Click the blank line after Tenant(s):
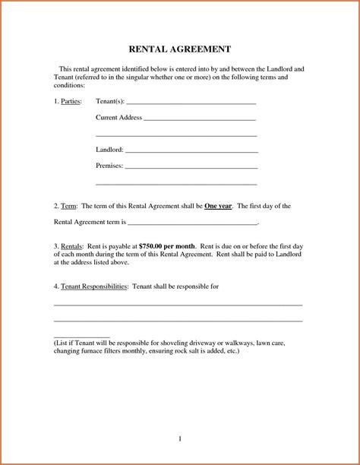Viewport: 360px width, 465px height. [191, 103]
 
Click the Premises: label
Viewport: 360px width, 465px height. [109, 165]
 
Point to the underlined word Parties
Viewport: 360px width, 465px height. [71, 101]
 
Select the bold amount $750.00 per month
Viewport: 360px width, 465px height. [168, 247]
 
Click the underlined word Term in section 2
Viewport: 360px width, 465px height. [68, 206]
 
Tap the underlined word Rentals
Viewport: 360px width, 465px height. [72, 247]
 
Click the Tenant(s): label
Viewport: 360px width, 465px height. [110, 101]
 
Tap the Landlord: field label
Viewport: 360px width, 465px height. [110, 150]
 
